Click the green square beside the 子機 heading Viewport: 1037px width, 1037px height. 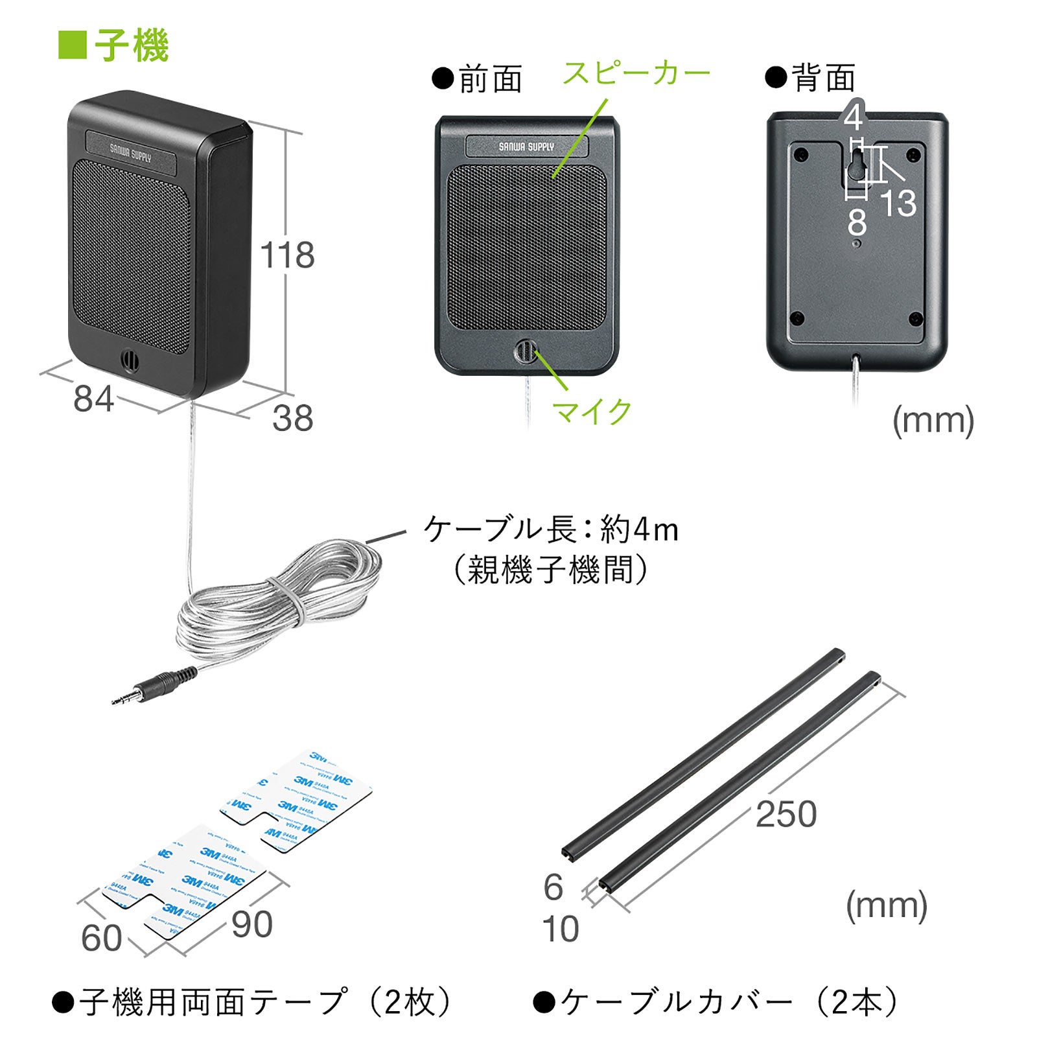72,45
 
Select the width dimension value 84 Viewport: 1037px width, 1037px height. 93,399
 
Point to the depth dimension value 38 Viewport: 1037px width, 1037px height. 293,418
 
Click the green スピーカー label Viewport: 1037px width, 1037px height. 636,73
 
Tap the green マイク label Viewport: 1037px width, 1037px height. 592,412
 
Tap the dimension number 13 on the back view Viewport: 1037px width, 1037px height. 898,203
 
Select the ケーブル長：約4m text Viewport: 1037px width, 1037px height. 551,530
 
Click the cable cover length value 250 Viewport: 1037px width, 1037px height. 786,814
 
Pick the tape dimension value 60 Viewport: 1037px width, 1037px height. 101,938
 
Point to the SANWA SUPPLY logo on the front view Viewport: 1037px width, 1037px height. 526,147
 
